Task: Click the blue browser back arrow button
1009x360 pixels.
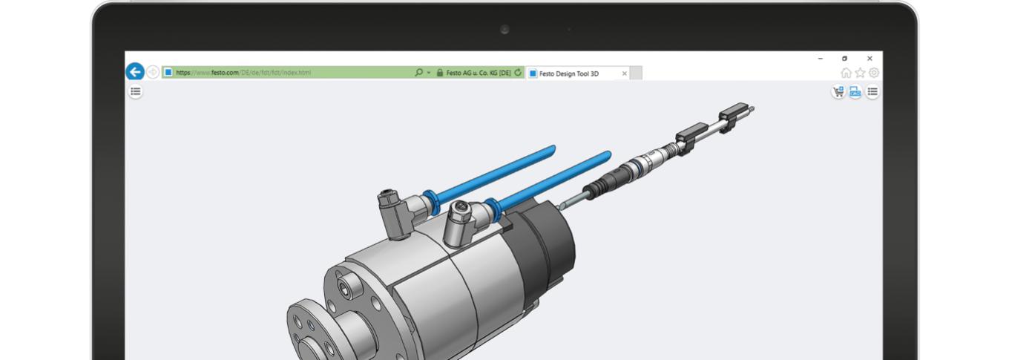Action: coord(134,72)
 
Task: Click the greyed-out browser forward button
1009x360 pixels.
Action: coord(153,72)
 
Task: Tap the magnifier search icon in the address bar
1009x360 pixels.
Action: coord(419,73)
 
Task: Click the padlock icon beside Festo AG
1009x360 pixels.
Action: coord(440,73)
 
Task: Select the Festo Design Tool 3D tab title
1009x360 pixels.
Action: coord(568,73)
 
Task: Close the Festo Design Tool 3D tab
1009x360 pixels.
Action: coord(624,73)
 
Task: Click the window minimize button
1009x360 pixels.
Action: coord(821,59)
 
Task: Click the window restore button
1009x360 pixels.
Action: coord(845,59)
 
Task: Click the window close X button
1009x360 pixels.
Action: coord(870,59)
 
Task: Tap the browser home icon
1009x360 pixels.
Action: coord(846,73)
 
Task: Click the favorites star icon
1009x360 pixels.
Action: coord(860,73)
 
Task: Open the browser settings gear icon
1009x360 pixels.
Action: coord(874,73)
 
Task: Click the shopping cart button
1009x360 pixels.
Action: coord(838,92)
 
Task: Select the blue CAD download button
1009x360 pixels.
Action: coord(855,92)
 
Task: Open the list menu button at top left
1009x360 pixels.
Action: coord(136,91)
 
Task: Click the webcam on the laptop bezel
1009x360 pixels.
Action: coord(504,30)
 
